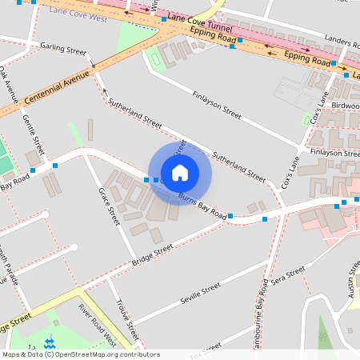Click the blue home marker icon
coord(180,172)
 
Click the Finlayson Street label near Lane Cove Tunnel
coord(216,104)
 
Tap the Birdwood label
coord(345,105)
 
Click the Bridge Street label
coord(152,255)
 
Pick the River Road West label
coord(96,319)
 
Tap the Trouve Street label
coord(128,315)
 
